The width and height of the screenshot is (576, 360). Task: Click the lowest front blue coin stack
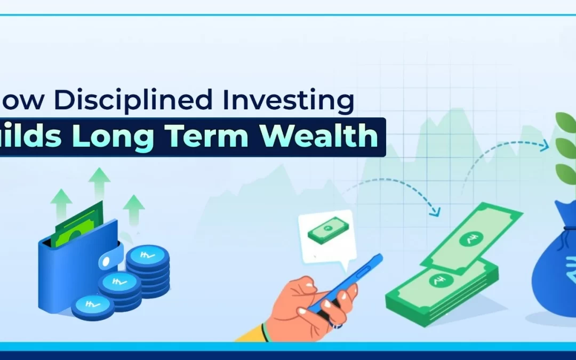pyautogui.click(x=92, y=307)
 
